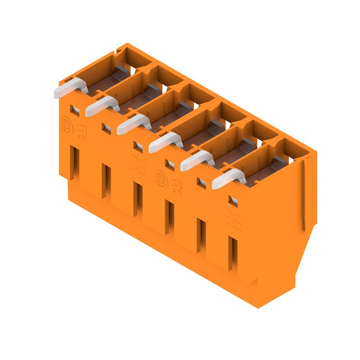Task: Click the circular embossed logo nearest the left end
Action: [x=65, y=122]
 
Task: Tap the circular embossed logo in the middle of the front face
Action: [x=160, y=176]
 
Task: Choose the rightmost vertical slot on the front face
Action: [x=232, y=254]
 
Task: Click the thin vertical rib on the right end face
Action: [x=305, y=193]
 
